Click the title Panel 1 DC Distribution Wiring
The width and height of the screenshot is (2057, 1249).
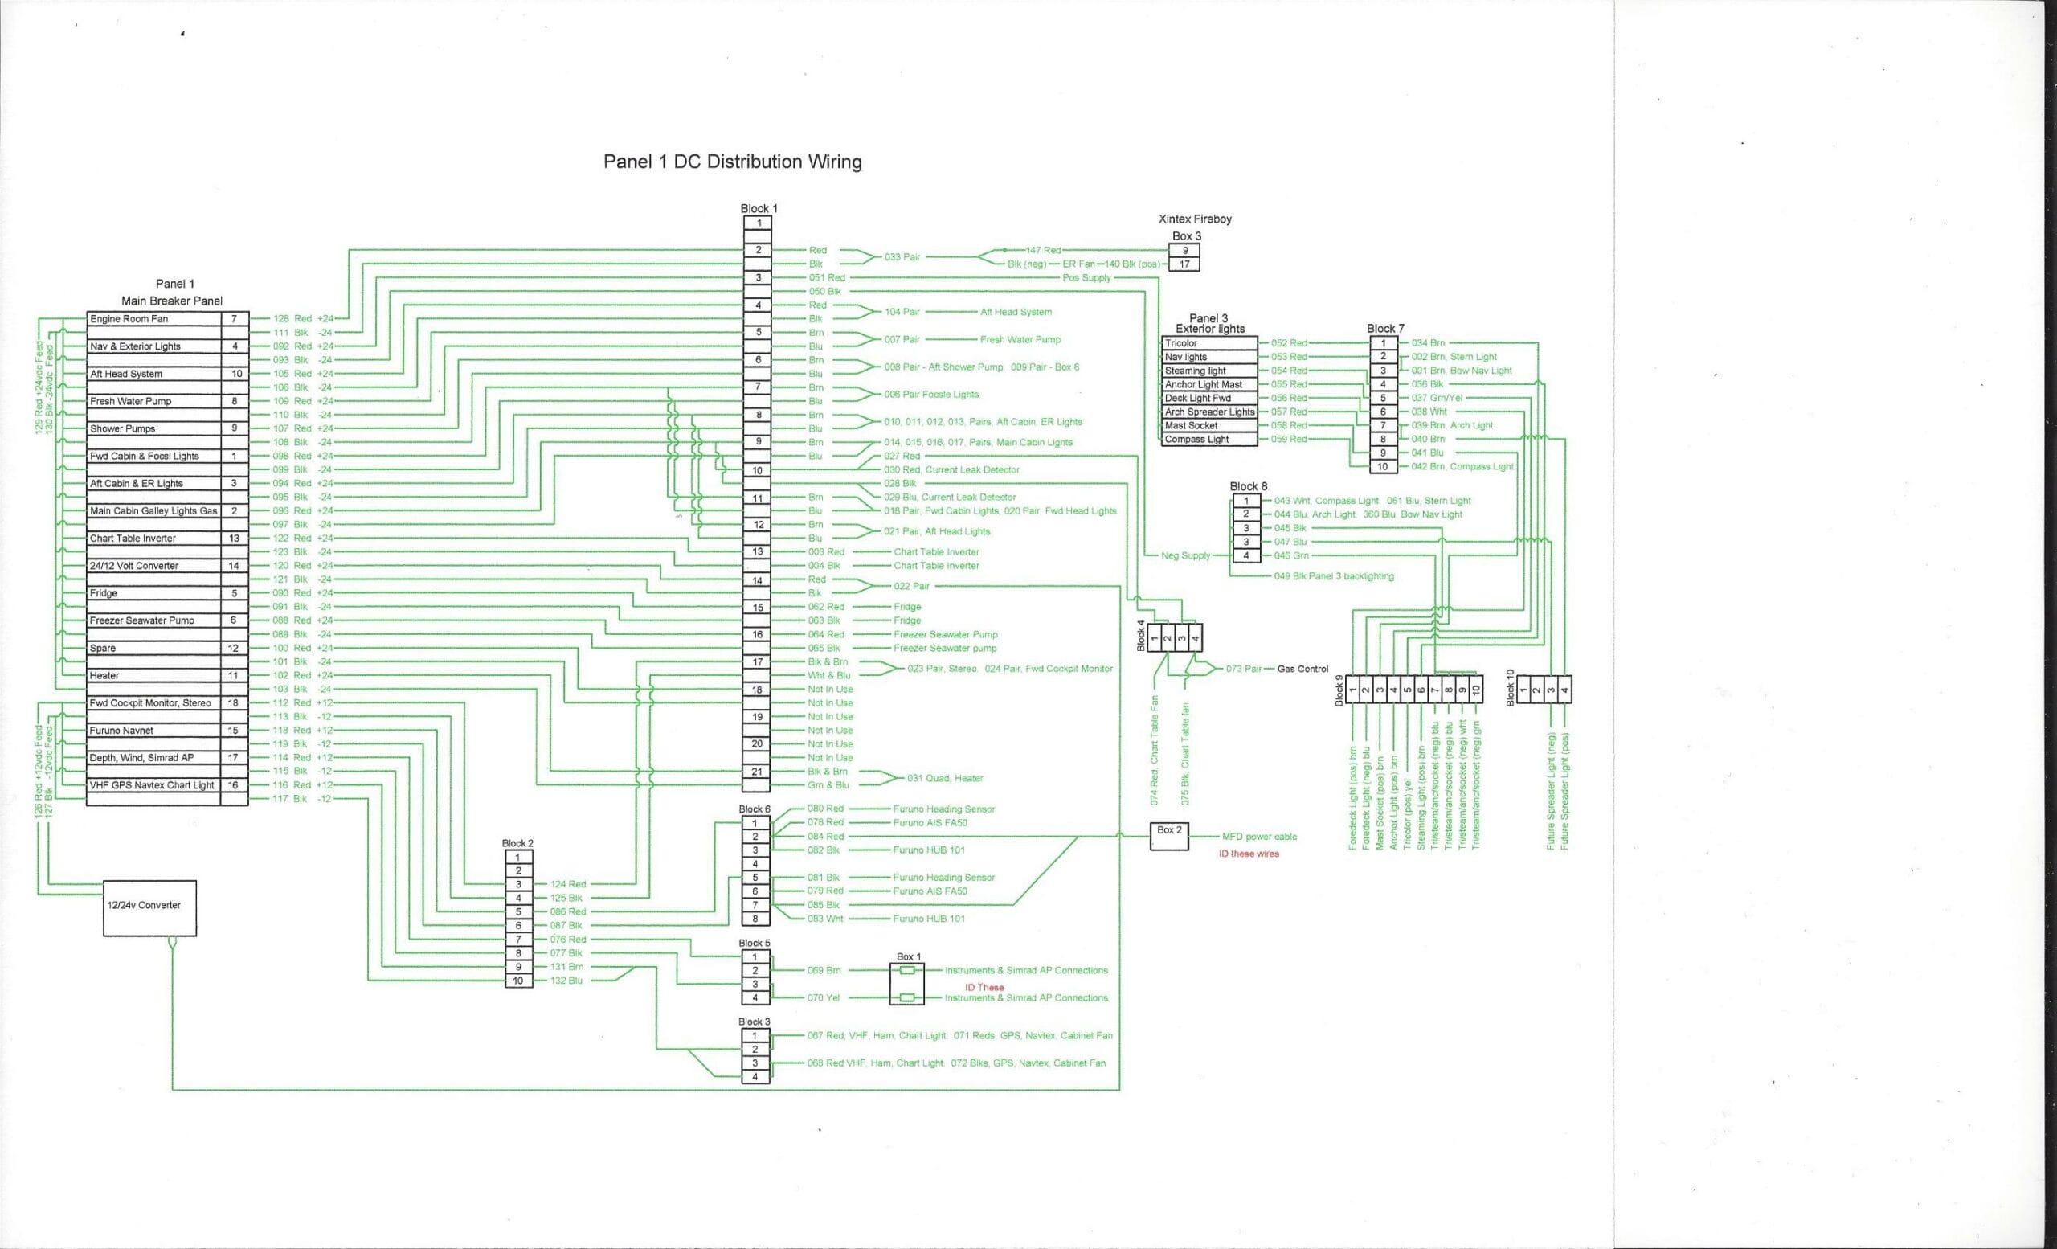[x=732, y=162]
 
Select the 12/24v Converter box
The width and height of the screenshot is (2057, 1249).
[x=149, y=907]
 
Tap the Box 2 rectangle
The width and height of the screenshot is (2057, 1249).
[x=1169, y=836]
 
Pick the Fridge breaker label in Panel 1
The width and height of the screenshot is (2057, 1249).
[x=104, y=594]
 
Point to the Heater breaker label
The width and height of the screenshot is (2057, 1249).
[x=104, y=675]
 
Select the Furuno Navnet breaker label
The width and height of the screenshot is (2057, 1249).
[x=122, y=731]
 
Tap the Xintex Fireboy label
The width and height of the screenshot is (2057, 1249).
[x=1195, y=219]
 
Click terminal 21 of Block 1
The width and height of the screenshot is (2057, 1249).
[x=756, y=772]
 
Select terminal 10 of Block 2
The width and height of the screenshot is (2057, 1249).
[x=517, y=981]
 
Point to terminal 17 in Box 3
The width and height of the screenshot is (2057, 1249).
[x=1184, y=264]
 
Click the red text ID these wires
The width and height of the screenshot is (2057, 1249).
[x=1248, y=854]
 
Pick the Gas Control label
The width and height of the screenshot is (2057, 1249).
[x=1302, y=669]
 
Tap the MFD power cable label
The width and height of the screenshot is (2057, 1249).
[x=1259, y=837]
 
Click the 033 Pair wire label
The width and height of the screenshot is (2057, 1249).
[x=902, y=257]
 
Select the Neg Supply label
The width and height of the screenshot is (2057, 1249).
[x=1185, y=556]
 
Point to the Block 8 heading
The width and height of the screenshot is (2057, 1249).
[x=1248, y=486]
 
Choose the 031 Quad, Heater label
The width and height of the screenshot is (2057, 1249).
[x=945, y=778]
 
